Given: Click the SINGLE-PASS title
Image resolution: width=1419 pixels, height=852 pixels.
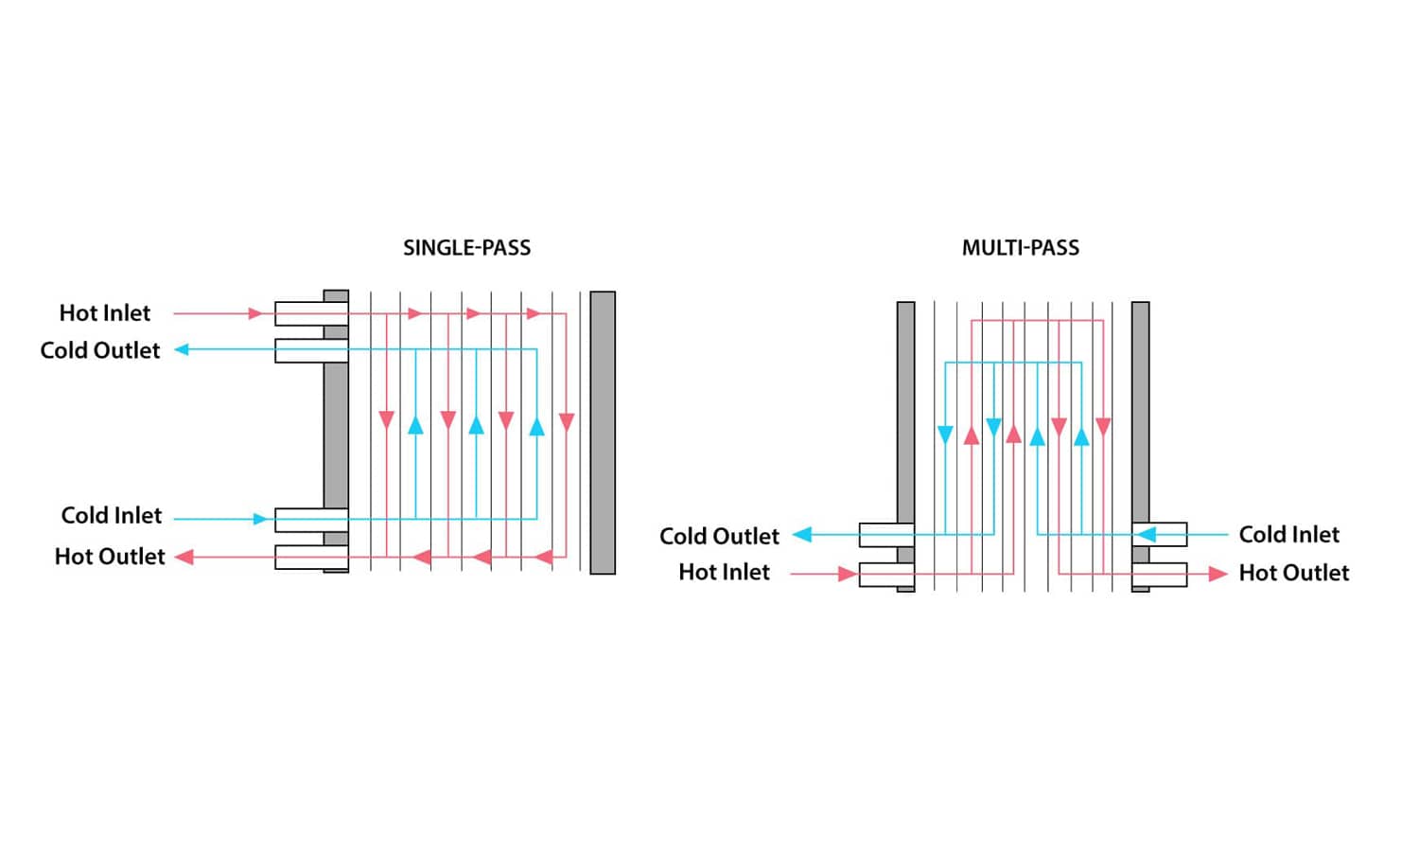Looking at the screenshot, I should point(466,248).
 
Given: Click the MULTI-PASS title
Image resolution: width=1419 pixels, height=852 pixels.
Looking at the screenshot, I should point(1020,248).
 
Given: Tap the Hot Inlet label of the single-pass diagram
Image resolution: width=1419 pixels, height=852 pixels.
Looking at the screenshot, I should point(105,313).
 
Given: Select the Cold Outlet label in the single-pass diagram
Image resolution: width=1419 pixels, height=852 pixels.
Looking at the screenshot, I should point(100,350).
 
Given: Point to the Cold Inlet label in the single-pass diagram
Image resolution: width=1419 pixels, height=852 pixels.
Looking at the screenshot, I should point(112,516).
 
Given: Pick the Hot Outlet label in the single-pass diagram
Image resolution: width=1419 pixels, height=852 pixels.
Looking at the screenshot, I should point(110,557).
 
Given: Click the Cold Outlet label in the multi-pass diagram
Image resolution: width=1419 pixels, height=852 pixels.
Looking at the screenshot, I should point(719,537).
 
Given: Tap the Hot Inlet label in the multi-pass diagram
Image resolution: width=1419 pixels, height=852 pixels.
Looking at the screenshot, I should point(724,573).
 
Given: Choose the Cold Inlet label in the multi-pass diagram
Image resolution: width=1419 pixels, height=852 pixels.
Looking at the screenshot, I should point(1288,535).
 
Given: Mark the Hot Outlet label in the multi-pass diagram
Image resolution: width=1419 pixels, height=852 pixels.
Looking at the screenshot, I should point(1293,573).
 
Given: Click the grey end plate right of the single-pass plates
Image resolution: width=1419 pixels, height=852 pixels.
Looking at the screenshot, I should point(603,433).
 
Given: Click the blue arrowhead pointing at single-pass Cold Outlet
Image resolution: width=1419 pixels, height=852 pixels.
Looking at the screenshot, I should point(182,350).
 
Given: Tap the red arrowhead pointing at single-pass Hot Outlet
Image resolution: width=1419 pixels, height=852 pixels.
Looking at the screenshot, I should point(184,558).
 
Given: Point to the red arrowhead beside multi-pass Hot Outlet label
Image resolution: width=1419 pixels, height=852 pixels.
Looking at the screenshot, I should point(1218,574).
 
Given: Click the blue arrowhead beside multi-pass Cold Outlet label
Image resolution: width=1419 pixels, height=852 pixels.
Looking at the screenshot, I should point(802,535).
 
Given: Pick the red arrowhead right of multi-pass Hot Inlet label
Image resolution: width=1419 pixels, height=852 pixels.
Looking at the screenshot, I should point(847,574).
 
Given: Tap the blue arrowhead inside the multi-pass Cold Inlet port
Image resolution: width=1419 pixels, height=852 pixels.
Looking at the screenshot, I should point(1147,535).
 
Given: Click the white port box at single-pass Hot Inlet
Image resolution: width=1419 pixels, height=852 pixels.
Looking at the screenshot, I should point(298,313).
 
